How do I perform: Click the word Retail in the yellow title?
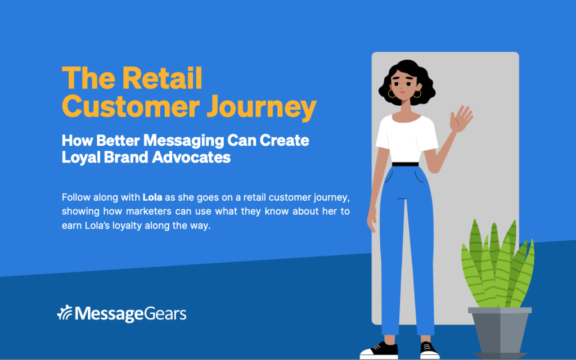pos(162,78)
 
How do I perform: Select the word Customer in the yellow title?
pos(130,106)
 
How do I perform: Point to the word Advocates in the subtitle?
pos(191,157)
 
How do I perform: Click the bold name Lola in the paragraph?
pos(152,197)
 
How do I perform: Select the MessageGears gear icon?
pos(65,313)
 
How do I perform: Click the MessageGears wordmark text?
pos(130,314)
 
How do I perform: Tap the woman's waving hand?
pos(461,119)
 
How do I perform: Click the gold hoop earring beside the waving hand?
pos(417,94)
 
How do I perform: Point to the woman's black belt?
pos(405,164)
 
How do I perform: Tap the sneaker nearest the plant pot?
pos(429,350)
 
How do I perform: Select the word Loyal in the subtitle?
pos(81,158)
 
